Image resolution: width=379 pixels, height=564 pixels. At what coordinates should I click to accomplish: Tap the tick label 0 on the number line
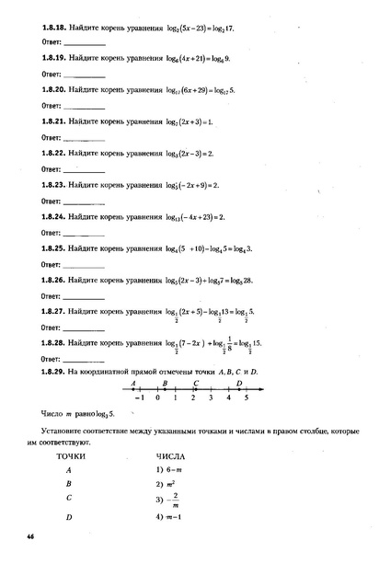(x=158, y=397)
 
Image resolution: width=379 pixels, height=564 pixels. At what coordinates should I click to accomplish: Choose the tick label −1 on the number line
(x=139, y=397)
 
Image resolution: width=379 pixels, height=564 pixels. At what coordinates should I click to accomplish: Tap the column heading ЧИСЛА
(x=171, y=455)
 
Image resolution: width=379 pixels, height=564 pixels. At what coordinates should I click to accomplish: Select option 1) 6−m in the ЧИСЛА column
(x=172, y=470)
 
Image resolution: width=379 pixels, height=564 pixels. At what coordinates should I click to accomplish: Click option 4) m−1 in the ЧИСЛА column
(x=172, y=520)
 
